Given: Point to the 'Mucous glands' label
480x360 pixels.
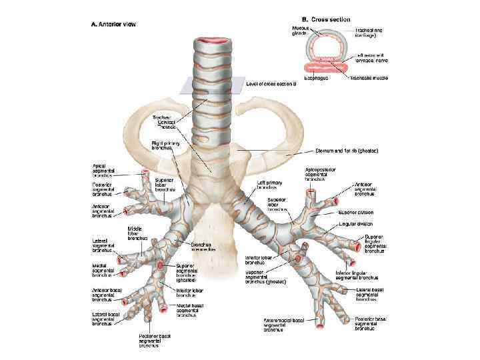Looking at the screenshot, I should click(x=301, y=32).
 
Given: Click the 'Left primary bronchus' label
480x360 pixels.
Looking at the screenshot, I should click(x=270, y=185).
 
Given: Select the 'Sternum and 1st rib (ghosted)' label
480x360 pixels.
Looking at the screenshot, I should click(x=343, y=152).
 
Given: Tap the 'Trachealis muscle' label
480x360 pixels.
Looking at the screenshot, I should click(x=365, y=77).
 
